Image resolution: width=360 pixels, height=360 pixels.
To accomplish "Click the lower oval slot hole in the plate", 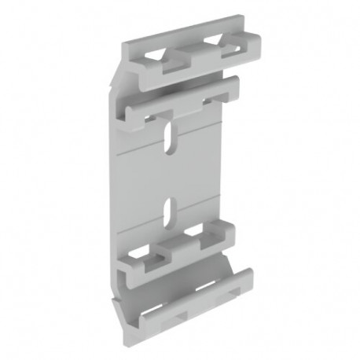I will [167, 208].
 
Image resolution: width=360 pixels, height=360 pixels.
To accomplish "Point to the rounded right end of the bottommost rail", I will [248, 277].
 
